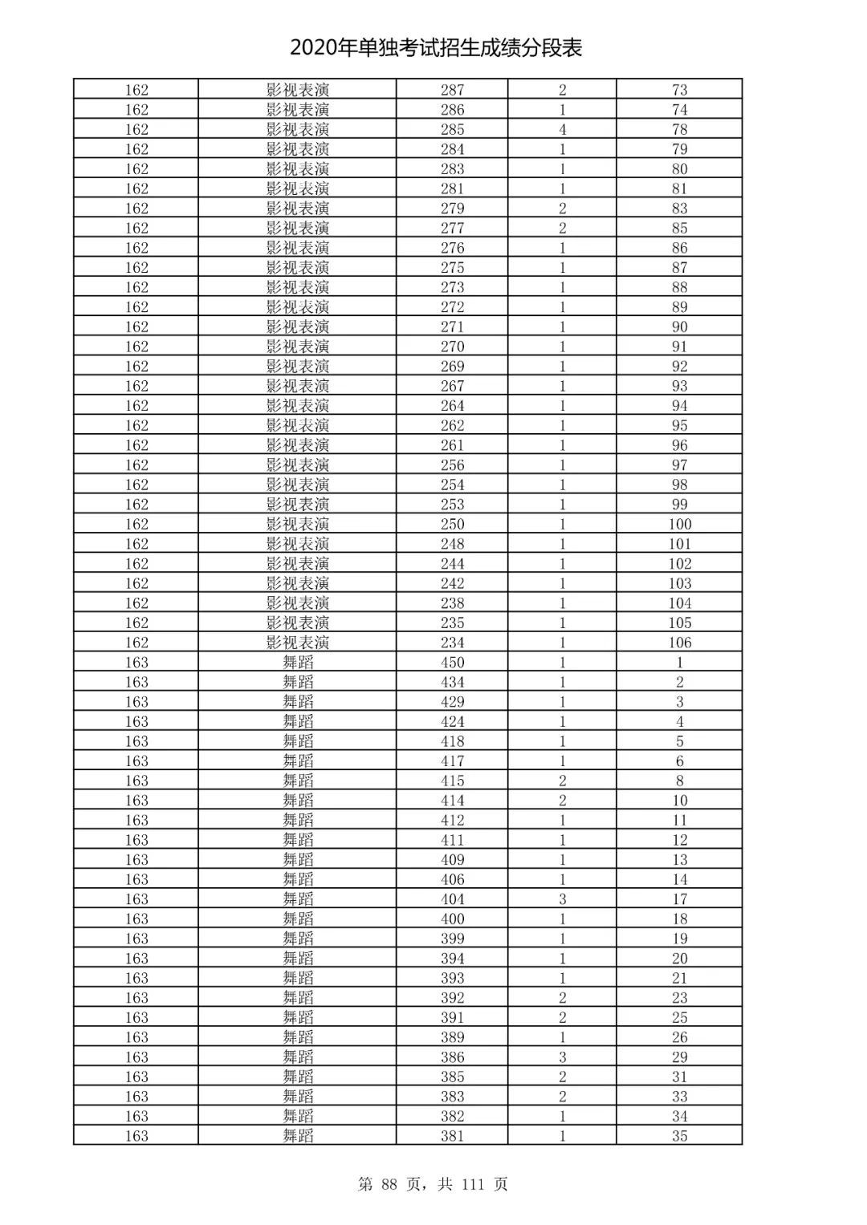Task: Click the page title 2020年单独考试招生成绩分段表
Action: pos(436,48)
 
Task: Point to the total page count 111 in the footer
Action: pos(473,1184)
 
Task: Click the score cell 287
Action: pos(452,90)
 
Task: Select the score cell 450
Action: pos(452,663)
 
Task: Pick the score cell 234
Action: pos(452,643)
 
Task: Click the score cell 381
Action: pos(452,1136)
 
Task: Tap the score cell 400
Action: pos(452,919)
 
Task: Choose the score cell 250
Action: pos(452,525)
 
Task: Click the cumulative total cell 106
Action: pos(679,643)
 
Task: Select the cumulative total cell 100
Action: pos(679,525)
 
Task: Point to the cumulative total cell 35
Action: pos(679,1136)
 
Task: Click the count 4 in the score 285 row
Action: pos(562,129)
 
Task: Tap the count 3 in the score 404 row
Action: pos(562,899)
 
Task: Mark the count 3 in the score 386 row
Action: pos(562,1057)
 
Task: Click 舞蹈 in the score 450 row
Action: pos(298,663)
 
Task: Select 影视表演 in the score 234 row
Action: pos(298,643)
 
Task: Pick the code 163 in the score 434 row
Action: pos(136,682)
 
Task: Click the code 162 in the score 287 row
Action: pos(136,90)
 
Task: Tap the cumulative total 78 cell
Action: pos(679,129)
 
